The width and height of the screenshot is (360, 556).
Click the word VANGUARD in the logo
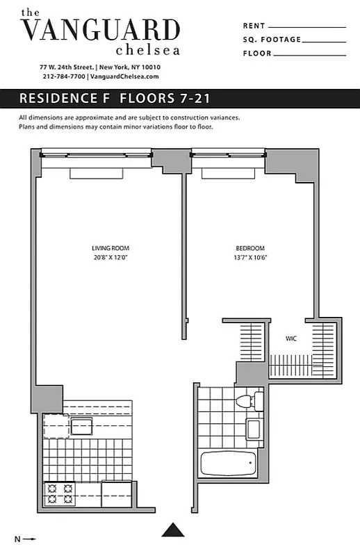101,30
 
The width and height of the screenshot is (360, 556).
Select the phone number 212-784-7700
63,76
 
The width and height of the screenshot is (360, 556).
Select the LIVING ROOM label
111,248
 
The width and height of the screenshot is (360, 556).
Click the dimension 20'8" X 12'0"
111,257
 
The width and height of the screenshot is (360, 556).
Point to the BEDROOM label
249,248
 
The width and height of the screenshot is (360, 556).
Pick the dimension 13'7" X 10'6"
249,257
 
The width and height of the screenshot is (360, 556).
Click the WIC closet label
291,339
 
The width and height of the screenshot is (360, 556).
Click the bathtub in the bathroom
228,462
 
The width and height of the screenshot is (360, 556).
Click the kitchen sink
81,426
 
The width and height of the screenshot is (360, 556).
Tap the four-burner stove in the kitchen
60,493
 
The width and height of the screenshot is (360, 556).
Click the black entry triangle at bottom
174,530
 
